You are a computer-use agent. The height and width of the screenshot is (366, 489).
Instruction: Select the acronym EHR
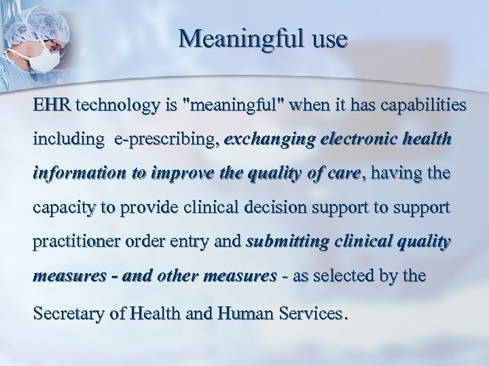tap(54, 106)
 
